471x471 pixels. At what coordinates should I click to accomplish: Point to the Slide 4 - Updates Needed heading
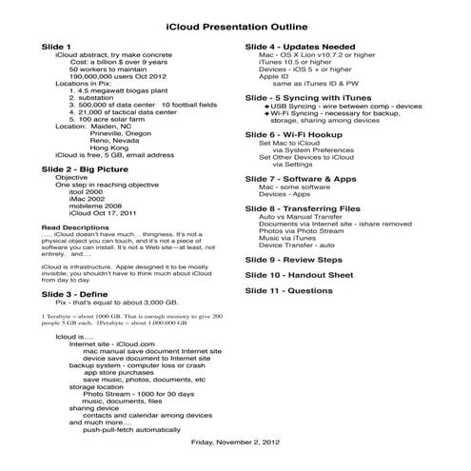click(302, 47)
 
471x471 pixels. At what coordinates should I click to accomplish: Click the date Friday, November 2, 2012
click(235, 442)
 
